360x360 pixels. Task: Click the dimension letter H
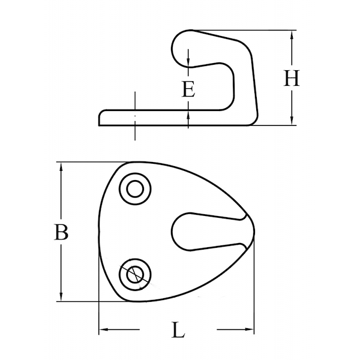292,78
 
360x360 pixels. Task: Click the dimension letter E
188,89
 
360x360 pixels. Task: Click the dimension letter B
61,232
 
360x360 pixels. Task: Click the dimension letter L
178,330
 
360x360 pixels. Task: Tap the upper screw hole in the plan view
135,189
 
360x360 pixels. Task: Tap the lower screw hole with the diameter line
135,275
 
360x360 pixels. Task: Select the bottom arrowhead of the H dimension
292,121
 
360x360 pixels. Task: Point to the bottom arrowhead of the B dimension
61,296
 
